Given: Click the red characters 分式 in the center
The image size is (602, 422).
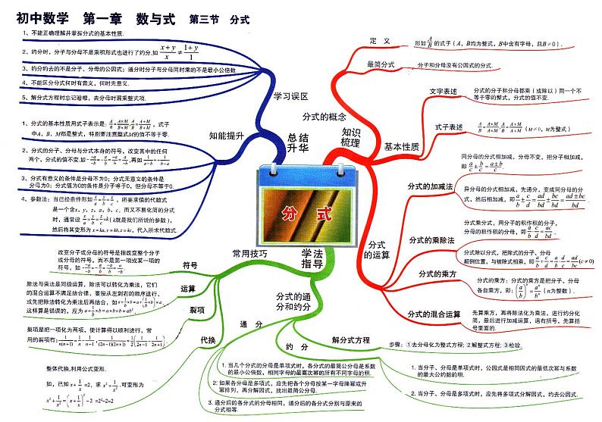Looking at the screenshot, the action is click(302, 213).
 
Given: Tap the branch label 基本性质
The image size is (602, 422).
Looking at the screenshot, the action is click(401, 146).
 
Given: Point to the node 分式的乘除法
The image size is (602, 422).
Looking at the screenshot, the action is click(431, 239).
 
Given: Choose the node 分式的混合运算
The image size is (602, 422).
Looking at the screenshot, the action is click(434, 313).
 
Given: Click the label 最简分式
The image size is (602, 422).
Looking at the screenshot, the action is click(381, 65).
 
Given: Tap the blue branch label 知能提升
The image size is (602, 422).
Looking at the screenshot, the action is click(226, 136).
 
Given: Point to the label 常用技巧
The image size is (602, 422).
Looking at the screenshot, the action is click(250, 254).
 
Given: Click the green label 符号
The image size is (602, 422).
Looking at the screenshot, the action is click(190, 265).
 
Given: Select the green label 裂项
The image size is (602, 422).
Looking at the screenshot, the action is click(197, 310).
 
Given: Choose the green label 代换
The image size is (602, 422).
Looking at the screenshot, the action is click(208, 339).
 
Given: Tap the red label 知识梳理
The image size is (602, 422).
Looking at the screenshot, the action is click(351, 137).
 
